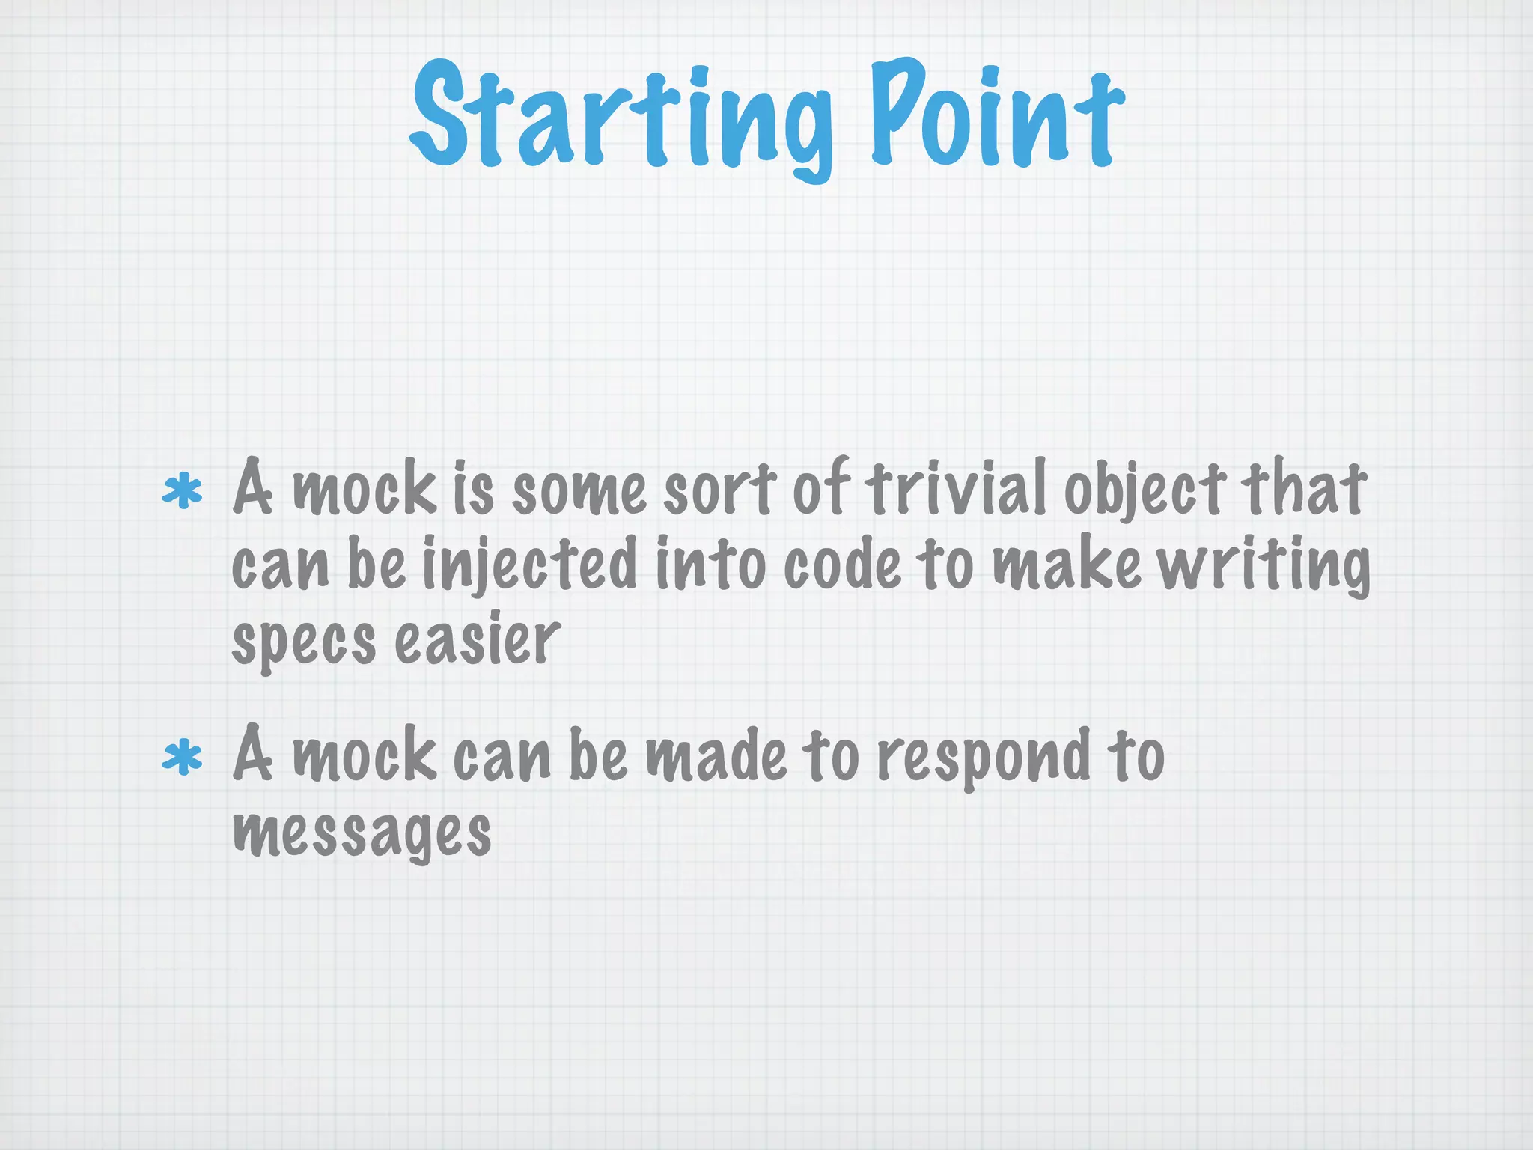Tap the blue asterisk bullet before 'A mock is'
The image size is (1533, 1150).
[183, 493]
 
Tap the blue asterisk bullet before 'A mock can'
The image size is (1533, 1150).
[183, 758]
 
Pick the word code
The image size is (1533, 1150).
[842, 565]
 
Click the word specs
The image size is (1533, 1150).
[303, 642]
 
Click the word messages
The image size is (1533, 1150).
[362, 833]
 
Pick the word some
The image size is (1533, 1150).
[579, 490]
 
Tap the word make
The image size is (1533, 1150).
[1067, 565]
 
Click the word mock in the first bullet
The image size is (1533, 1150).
[364, 490]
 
